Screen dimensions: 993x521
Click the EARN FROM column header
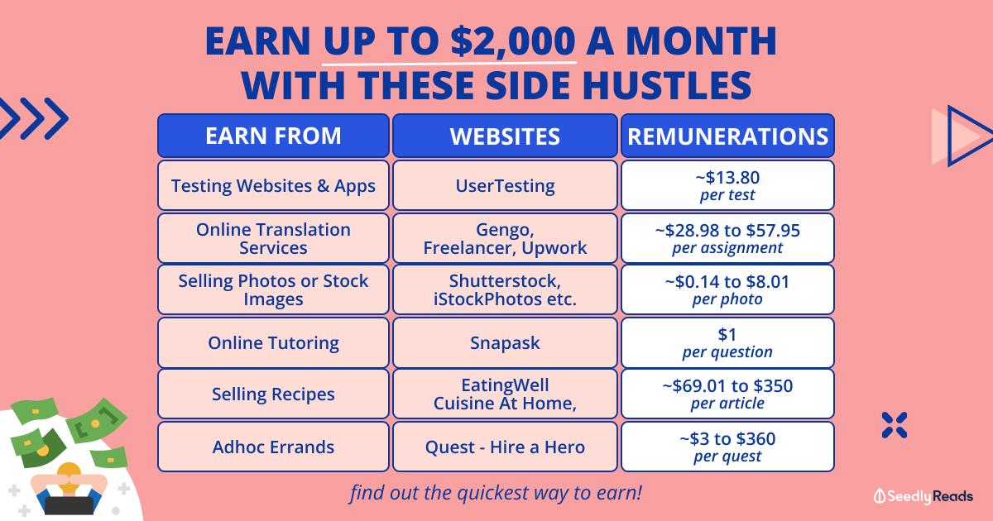(273, 136)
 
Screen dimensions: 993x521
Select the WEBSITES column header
(505, 136)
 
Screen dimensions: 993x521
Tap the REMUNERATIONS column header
(727, 136)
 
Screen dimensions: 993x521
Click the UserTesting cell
(505, 185)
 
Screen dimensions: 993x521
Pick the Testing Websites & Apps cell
(273, 185)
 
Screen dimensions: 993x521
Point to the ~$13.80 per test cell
(727, 185)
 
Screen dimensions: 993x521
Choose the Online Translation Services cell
(273, 238)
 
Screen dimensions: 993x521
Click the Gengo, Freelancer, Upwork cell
(505, 238)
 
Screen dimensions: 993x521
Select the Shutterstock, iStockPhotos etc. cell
(505, 289)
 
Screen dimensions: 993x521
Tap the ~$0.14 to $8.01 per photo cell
(727, 289)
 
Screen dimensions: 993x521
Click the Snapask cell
(505, 342)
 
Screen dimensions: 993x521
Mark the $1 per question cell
(727, 342)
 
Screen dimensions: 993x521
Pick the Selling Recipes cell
(273, 394)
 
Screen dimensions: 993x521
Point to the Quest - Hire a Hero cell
(505, 447)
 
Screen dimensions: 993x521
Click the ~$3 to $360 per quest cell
(727, 447)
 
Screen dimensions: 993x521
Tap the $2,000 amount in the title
(513, 41)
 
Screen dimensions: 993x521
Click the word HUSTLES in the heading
(667, 85)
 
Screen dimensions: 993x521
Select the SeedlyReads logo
(923, 496)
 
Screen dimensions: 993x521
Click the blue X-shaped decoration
(895, 425)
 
